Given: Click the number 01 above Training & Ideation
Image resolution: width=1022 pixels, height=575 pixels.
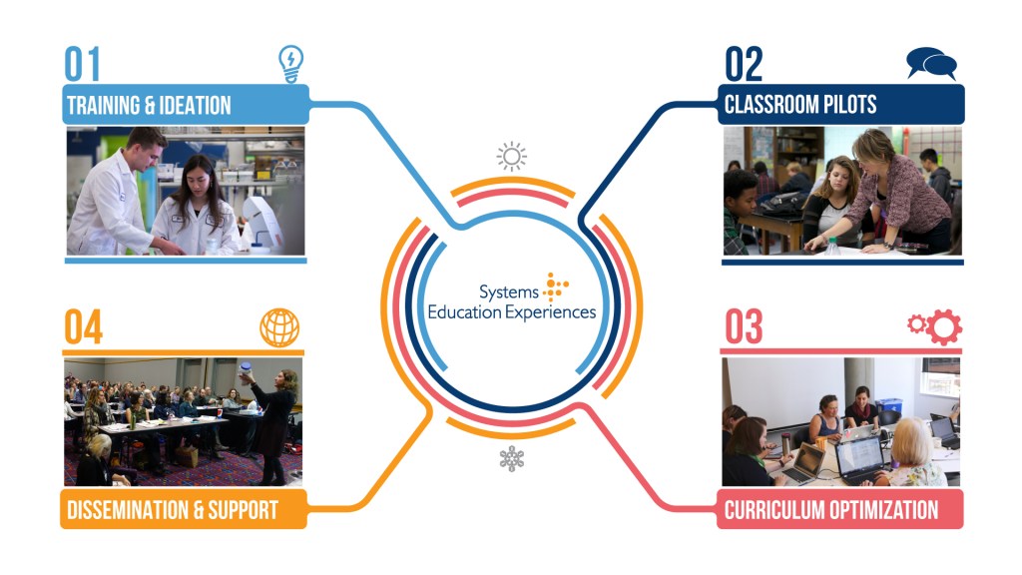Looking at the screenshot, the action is (x=82, y=64).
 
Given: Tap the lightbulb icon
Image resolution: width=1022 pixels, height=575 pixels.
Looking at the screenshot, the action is (x=290, y=64).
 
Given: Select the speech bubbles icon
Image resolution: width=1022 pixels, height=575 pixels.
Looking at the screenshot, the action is (x=931, y=64).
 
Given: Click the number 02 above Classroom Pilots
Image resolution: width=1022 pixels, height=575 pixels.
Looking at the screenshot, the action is (x=744, y=64).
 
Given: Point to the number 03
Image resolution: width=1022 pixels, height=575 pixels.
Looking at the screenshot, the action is (x=744, y=326).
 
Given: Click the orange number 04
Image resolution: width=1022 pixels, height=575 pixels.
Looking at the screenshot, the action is (x=84, y=326).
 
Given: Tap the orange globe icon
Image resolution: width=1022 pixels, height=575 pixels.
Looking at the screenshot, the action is (x=279, y=327).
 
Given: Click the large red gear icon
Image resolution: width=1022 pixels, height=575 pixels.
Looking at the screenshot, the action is (x=944, y=326).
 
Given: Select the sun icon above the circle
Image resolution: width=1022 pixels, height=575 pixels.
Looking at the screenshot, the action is (x=512, y=157).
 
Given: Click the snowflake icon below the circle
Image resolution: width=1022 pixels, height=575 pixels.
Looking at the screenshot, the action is (x=512, y=458).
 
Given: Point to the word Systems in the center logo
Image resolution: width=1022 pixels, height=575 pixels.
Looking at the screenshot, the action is (x=508, y=292).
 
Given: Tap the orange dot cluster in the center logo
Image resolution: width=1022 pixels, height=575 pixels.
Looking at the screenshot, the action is (x=555, y=287).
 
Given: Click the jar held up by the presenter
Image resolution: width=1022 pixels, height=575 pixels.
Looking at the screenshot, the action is (x=246, y=369).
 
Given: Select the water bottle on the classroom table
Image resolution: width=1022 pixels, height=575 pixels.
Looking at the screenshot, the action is (x=831, y=246).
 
